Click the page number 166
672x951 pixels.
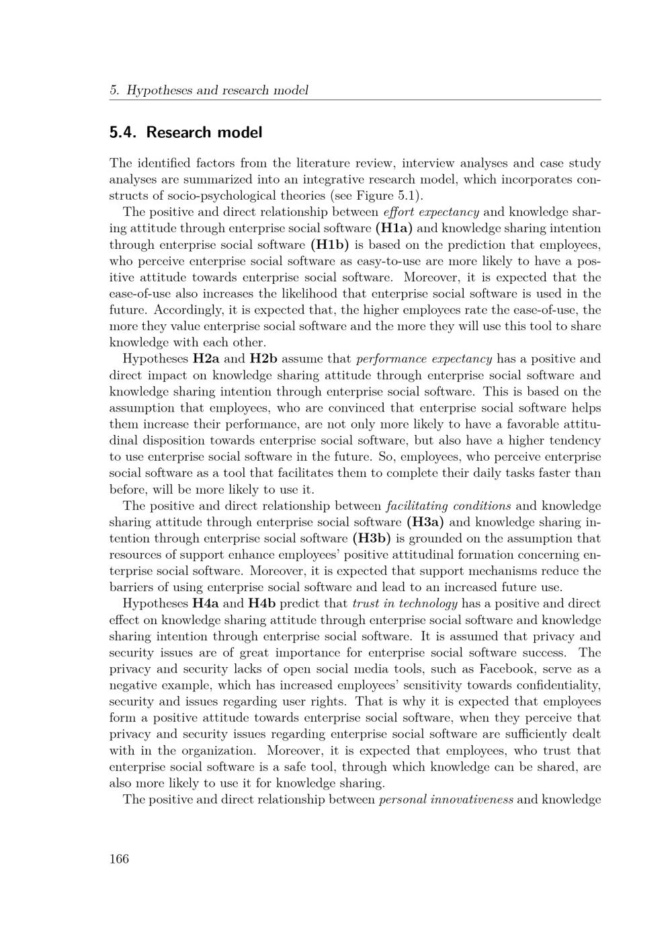click(x=119, y=858)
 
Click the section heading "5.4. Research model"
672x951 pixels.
click(x=185, y=132)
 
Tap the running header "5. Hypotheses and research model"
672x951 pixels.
click(x=209, y=90)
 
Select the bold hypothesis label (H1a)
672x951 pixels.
click(x=394, y=229)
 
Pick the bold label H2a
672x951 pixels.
click(x=206, y=359)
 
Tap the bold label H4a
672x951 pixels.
click(x=206, y=603)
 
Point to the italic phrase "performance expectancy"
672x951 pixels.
click(x=424, y=359)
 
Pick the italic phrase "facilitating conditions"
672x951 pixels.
click(x=449, y=506)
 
